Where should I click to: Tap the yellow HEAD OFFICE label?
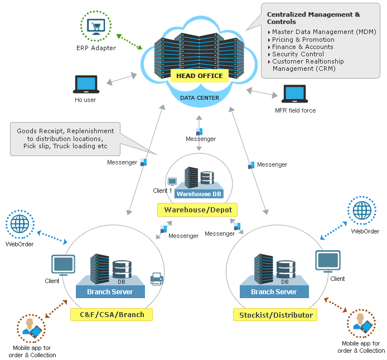tap(199, 76)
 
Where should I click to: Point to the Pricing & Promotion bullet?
tap(303, 40)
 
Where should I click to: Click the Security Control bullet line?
tap(298, 54)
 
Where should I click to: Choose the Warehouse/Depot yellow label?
tap(197, 210)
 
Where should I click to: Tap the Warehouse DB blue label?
tap(198, 194)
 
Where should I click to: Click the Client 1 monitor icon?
tap(172, 182)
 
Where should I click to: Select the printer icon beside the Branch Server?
tap(157, 279)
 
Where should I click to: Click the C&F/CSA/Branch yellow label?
tap(112, 314)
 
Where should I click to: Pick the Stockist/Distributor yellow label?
tap(275, 315)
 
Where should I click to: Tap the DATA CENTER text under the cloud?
tap(199, 98)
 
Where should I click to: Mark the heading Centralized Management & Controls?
tap(313, 18)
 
